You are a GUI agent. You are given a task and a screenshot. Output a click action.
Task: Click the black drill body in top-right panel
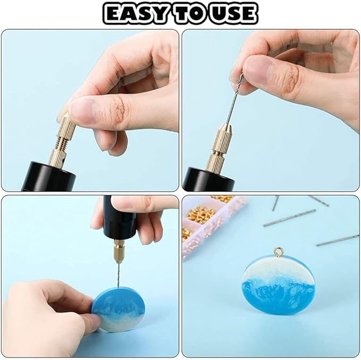[208, 179]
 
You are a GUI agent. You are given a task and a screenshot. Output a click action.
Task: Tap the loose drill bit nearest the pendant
[338, 240]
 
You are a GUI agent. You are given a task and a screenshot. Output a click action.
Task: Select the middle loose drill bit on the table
[289, 217]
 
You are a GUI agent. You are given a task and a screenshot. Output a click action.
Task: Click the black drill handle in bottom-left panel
[119, 217]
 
